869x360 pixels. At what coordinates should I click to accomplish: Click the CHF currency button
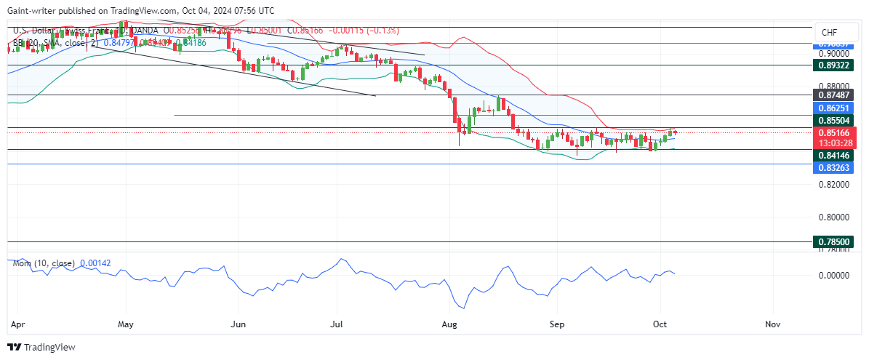(x=830, y=33)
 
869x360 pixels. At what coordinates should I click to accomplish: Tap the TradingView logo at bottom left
(x=41, y=348)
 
